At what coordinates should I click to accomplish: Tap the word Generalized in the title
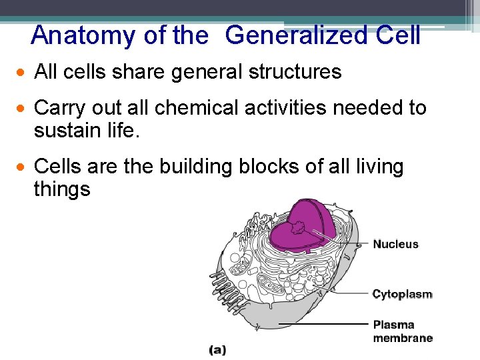296,35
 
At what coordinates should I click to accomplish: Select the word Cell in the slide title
398,35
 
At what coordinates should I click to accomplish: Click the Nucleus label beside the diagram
395,244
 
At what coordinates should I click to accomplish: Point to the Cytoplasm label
402,294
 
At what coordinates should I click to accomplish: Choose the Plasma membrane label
402,331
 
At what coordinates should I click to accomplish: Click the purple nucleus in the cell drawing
303,227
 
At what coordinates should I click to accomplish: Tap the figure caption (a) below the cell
218,349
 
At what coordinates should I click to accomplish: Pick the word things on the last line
61,189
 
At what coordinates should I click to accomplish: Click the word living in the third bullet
373,166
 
